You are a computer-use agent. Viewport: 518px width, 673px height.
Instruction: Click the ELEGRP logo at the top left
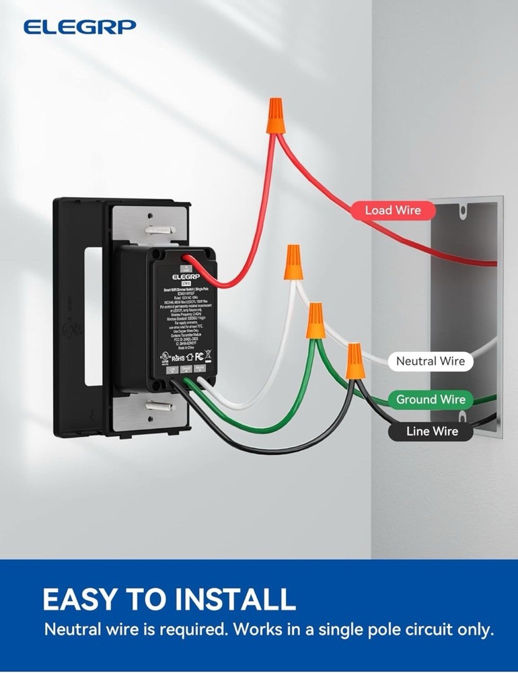pyautogui.click(x=79, y=27)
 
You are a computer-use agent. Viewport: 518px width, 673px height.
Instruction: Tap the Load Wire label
pyautogui.click(x=392, y=211)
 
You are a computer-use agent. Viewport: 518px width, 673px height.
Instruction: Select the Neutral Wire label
pyautogui.click(x=430, y=361)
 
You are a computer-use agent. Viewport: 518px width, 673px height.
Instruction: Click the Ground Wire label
pyautogui.click(x=430, y=400)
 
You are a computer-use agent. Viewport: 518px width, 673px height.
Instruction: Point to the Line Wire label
pyautogui.click(x=432, y=431)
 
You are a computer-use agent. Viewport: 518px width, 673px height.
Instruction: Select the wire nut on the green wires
pyautogui.click(x=316, y=321)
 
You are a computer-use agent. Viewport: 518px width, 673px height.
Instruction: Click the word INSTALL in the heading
pyautogui.click(x=222, y=598)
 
